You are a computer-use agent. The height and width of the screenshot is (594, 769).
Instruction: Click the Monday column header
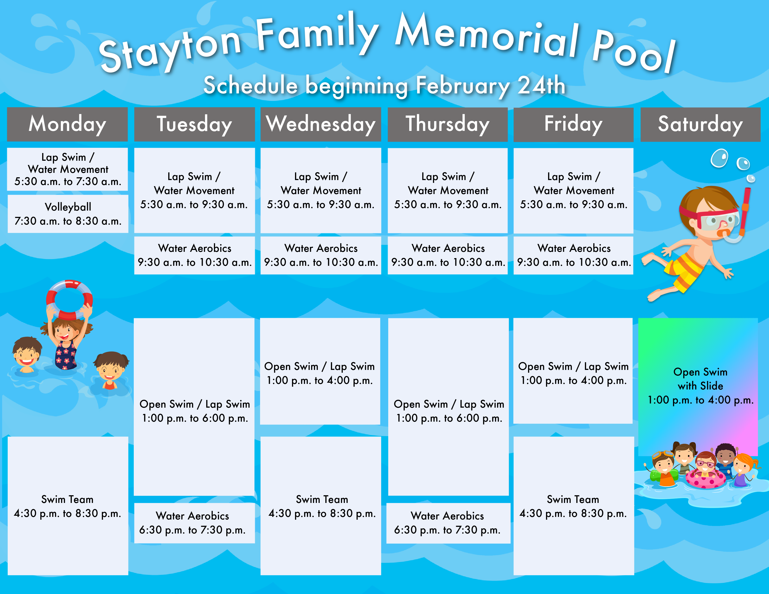67,124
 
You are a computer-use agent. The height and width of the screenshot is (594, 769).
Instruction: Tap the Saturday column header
700,124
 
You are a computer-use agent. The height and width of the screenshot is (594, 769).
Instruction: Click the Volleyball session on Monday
68,214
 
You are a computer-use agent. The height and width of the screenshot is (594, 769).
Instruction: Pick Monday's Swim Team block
68,506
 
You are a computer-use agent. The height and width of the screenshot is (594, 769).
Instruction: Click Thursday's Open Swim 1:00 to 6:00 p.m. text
449,411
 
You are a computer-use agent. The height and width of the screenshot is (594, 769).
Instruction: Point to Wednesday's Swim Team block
321,506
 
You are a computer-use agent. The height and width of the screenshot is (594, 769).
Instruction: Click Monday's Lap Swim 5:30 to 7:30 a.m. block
68,169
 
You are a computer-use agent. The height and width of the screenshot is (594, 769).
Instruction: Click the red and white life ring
69,300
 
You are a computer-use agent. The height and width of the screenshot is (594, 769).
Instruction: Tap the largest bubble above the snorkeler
719,158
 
